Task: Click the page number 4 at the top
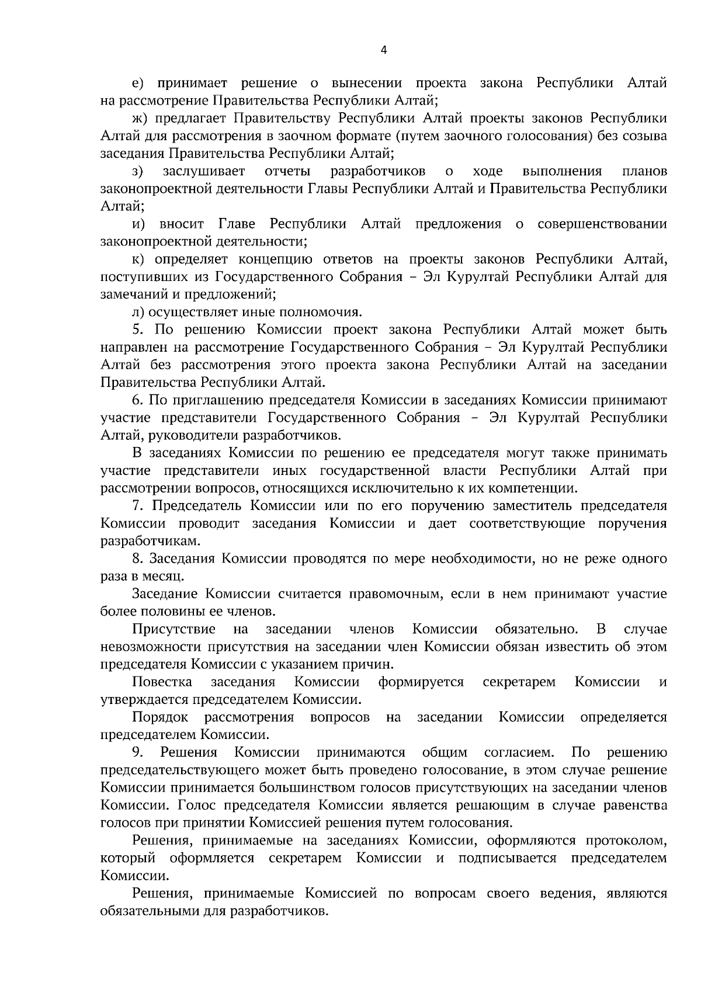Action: [x=383, y=50]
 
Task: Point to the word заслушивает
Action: [x=204, y=172]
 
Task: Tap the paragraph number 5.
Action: [x=137, y=330]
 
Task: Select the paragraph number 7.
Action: [x=137, y=506]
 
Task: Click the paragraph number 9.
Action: [x=137, y=752]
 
